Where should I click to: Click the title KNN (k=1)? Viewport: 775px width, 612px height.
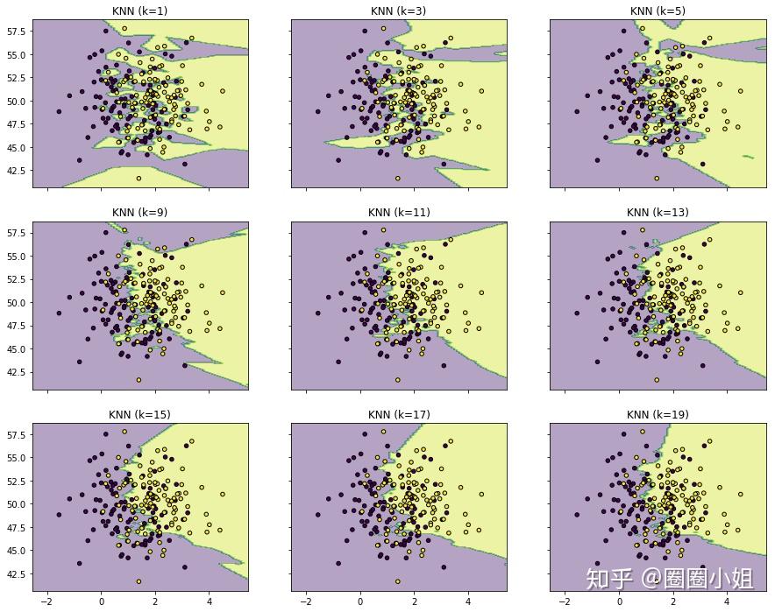tap(140, 11)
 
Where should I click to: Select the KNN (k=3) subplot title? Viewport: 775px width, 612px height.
tap(399, 11)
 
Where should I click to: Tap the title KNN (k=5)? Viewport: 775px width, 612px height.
tap(658, 11)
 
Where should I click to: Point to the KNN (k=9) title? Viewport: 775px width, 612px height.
tap(140, 212)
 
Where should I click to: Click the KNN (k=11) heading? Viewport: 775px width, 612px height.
tap(399, 212)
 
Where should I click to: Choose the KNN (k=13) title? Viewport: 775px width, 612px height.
tap(658, 212)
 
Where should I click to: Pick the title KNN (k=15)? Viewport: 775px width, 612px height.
tap(140, 414)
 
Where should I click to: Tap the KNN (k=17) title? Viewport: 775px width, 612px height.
tap(399, 414)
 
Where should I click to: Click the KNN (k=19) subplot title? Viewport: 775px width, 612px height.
tap(658, 414)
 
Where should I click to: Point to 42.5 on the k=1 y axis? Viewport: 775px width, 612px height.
tap(14, 170)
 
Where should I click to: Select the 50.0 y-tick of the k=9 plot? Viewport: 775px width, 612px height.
tap(14, 303)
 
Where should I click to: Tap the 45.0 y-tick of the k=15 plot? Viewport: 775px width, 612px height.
tap(14, 551)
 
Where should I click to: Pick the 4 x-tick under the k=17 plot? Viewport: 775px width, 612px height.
tap(467, 601)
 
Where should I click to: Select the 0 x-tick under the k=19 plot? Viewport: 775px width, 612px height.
tap(619, 601)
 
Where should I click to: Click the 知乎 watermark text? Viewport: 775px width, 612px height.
tap(608, 578)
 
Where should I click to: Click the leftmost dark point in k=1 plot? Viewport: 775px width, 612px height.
tap(59, 111)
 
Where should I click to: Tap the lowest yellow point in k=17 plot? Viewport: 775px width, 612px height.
tap(397, 581)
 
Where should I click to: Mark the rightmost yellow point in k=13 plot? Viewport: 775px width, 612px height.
tap(741, 292)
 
